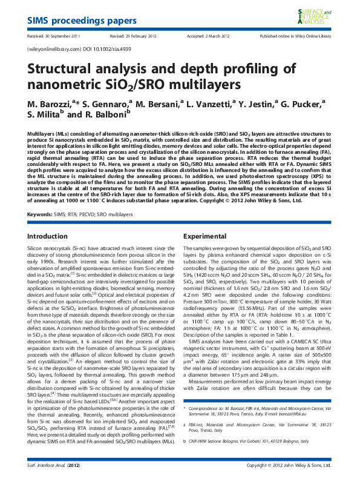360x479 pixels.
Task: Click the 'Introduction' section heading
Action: (x=48, y=236)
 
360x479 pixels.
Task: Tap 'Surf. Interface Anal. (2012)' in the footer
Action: (x=54, y=466)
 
